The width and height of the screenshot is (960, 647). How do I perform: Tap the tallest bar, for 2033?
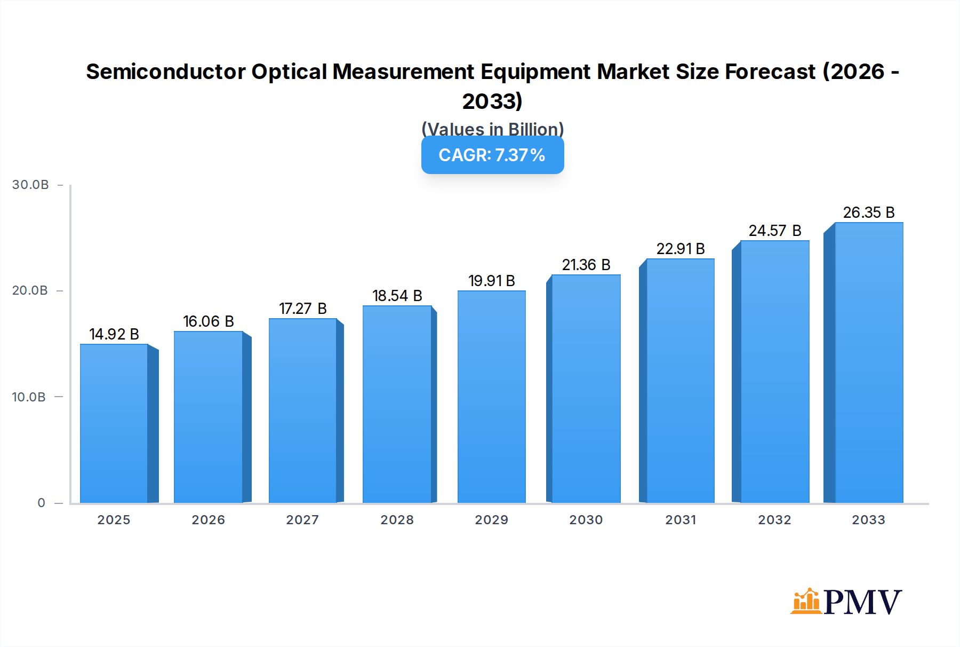coord(868,362)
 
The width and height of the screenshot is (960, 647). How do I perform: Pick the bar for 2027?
coord(302,411)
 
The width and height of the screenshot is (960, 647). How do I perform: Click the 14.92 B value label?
coord(114,334)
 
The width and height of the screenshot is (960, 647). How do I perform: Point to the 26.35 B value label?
coord(868,212)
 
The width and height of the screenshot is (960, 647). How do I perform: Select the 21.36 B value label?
coord(586,265)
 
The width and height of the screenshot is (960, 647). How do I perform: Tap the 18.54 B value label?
coord(397,296)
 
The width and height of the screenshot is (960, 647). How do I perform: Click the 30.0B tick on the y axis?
coord(30,185)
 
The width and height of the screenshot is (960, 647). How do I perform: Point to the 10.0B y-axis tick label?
coord(29,397)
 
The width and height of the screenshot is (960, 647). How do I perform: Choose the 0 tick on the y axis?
coord(41,503)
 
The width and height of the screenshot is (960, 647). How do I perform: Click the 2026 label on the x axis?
coord(208,520)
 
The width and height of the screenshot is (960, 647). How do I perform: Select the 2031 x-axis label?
coord(680,520)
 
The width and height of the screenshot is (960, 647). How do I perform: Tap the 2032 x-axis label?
coord(774,520)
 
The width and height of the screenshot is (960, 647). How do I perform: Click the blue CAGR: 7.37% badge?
coord(492,155)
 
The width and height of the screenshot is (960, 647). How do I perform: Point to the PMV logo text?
coord(862,602)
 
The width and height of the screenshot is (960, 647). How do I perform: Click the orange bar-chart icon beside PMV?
coord(805,602)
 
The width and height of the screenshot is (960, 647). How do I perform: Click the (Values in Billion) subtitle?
coord(492,129)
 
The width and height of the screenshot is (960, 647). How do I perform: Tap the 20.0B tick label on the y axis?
coord(30,290)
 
